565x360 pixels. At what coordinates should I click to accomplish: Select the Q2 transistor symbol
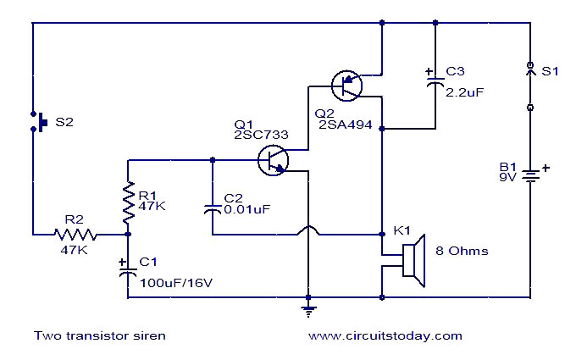click(346, 84)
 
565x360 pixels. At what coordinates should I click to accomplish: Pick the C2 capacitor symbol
click(212, 208)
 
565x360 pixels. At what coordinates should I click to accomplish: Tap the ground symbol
click(308, 308)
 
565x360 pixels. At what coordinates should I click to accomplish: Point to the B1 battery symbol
click(530, 177)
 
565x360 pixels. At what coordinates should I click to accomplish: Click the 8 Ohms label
click(462, 251)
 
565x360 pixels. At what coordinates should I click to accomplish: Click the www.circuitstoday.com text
click(385, 335)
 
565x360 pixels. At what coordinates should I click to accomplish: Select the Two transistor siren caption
click(100, 335)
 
